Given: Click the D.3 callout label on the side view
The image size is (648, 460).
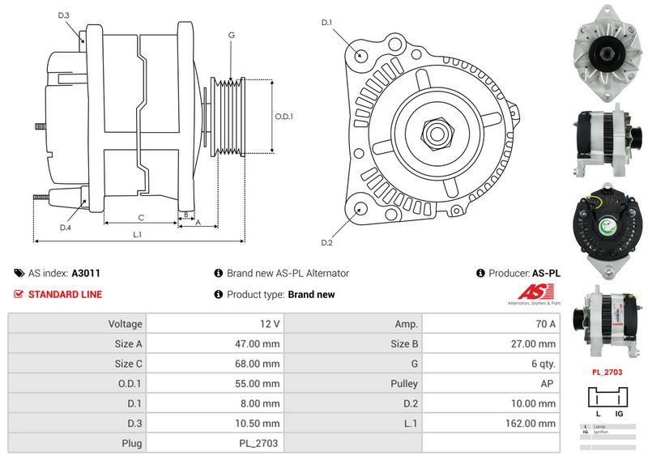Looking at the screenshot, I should [64, 15].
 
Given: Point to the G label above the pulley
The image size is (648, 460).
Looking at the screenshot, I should [231, 35].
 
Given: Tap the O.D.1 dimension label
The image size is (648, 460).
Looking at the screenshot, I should [283, 116].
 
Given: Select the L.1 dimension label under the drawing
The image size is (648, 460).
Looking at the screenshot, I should [138, 235].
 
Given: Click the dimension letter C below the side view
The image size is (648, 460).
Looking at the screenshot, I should [141, 216].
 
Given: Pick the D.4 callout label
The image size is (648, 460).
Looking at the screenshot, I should [66, 227].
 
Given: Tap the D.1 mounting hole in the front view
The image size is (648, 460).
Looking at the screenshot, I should [360, 56].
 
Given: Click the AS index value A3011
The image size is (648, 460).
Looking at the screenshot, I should [86, 274].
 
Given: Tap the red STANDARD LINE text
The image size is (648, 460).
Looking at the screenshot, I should [65, 294].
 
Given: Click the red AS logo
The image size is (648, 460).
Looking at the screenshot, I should [531, 293].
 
